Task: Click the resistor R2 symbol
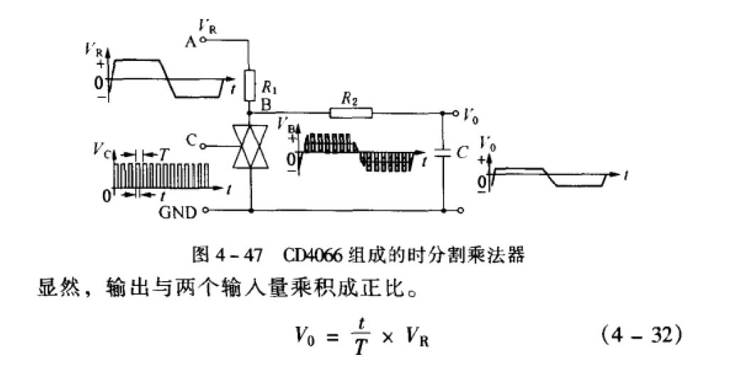pyautogui.click(x=350, y=112)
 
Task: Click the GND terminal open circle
pyautogui.click(x=206, y=210)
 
